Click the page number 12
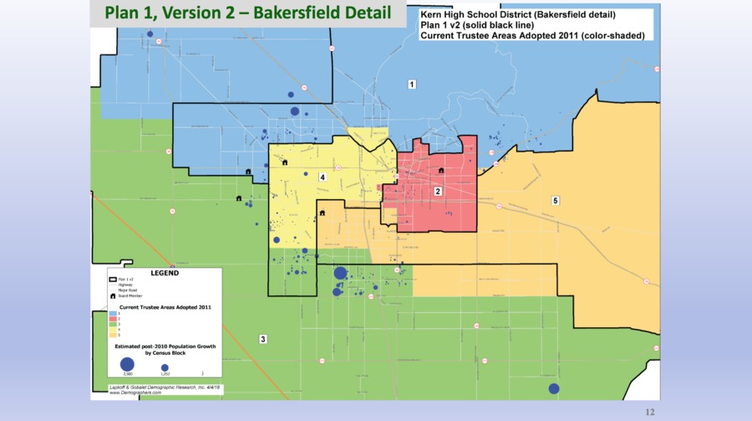(652, 412)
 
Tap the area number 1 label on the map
(411, 85)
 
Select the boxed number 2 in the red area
(438, 192)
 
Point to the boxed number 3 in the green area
(262, 339)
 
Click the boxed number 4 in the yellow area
(322, 177)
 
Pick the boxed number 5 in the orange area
(555, 201)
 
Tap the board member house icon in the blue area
(249, 172)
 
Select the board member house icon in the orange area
(322, 213)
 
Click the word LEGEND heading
(164, 273)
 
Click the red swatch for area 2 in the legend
(112, 319)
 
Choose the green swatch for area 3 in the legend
(112, 324)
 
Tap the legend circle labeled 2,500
(127, 364)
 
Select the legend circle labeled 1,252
(165, 367)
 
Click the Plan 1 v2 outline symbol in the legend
(112, 279)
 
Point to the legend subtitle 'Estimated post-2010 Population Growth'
(164, 345)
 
